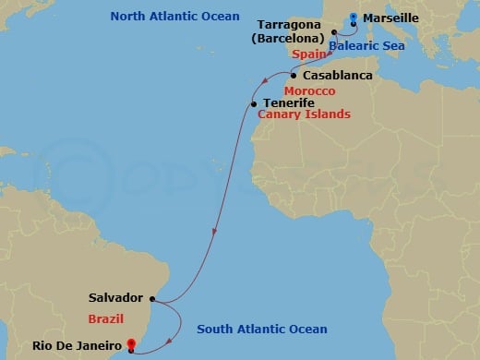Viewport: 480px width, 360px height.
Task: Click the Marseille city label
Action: pos(390,18)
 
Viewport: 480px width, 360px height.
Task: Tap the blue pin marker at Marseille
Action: pos(353,16)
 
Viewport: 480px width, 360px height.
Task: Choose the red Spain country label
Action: pos(310,54)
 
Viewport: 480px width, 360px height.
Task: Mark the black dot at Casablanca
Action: pos(294,75)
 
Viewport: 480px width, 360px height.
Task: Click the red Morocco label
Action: pos(309,92)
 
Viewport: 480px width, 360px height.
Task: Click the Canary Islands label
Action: pos(304,115)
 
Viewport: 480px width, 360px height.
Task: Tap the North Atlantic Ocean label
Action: pos(168,16)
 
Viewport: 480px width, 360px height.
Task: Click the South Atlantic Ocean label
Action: pos(262,330)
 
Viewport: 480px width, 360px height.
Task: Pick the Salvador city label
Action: pos(115,298)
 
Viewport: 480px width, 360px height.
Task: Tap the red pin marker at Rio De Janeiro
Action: pos(131,345)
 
